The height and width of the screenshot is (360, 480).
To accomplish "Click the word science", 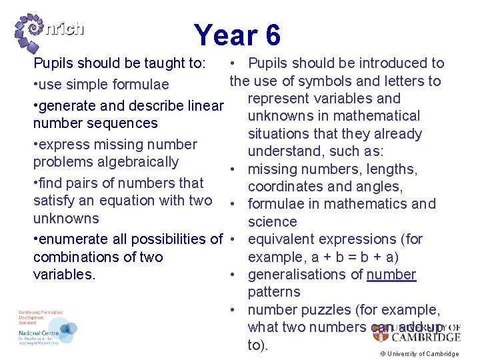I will click(272, 222).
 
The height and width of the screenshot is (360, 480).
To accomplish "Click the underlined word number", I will click(391, 275).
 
